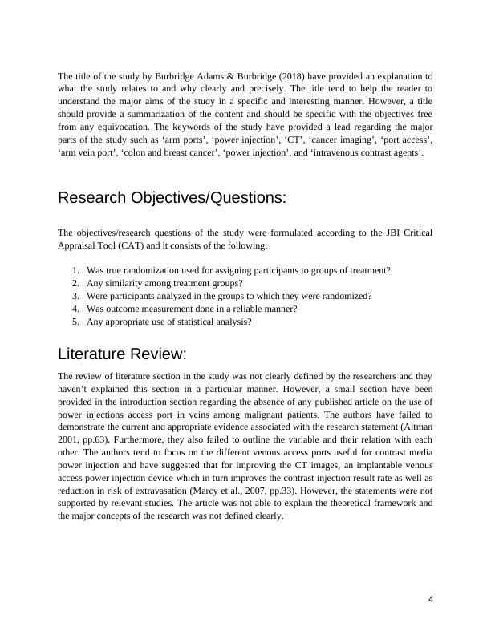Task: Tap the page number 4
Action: click(431, 600)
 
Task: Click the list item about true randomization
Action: click(238, 271)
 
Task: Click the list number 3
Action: click(75, 296)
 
